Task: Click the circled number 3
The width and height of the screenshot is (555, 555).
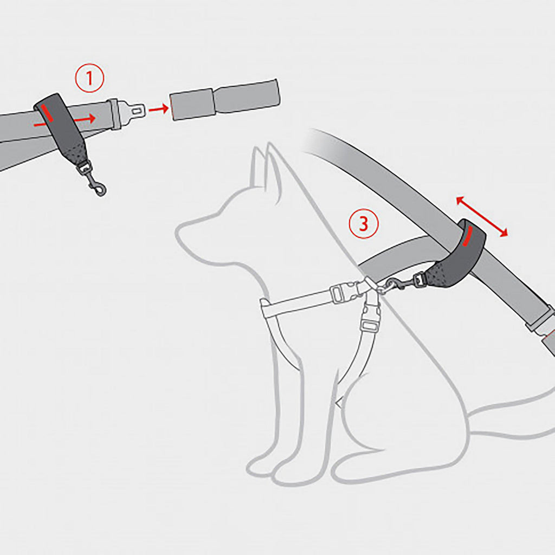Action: pyautogui.click(x=363, y=224)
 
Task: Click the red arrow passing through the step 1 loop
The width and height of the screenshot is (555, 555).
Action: pyautogui.click(x=87, y=118)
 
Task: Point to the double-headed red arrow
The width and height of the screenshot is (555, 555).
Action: pyautogui.click(x=482, y=217)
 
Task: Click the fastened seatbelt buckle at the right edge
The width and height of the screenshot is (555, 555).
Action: pyautogui.click(x=542, y=325)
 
